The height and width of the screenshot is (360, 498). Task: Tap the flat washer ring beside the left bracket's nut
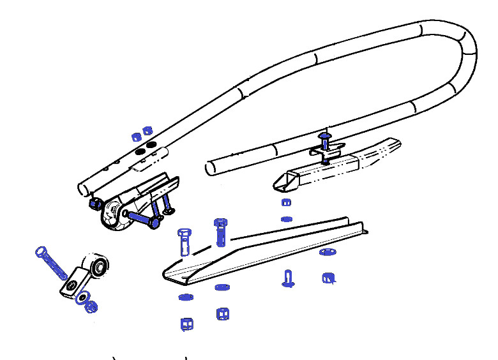click(82, 297)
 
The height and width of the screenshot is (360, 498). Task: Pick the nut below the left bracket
click(91, 306)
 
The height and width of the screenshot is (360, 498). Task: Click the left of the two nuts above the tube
click(136, 136)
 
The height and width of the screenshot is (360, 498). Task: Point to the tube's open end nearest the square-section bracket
click(210, 169)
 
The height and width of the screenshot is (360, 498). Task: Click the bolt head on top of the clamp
click(324, 137)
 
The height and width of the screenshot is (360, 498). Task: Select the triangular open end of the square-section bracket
click(283, 183)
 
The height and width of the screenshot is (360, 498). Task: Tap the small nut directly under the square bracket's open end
click(287, 203)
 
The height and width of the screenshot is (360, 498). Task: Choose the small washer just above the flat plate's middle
click(287, 219)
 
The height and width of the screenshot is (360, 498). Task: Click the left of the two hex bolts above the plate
click(184, 241)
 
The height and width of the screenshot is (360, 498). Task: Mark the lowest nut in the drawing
click(186, 324)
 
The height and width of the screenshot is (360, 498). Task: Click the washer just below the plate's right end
click(326, 252)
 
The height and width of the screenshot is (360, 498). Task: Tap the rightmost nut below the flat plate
click(329, 278)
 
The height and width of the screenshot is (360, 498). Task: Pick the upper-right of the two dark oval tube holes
click(151, 146)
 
